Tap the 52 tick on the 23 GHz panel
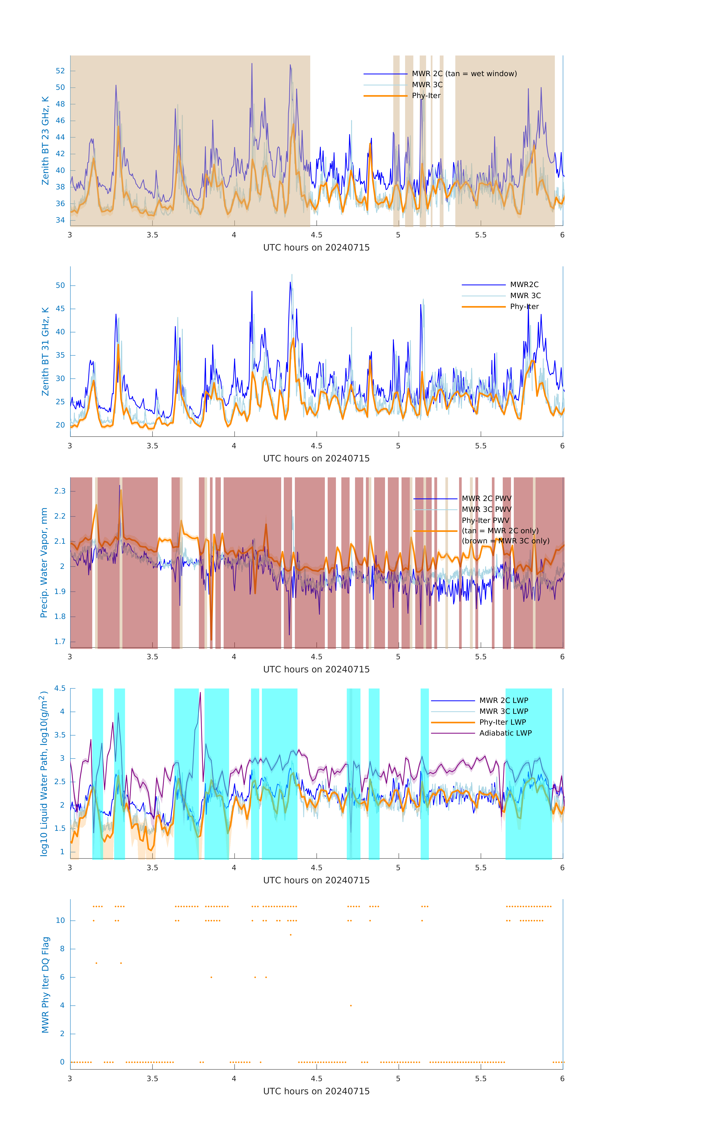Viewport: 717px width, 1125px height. [x=60, y=71]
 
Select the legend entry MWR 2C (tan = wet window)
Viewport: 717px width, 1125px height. [x=464, y=74]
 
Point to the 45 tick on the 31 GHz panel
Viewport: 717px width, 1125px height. [x=60, y=309]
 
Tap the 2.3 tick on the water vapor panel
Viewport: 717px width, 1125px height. [x=60, y=491]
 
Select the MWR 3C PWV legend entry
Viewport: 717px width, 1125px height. [x=486, y=509]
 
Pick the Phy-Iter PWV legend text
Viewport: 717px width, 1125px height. [x=485, y=520]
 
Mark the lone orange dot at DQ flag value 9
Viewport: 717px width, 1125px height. [x=291, y=935]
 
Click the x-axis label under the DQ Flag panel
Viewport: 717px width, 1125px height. [x=316, y=1091]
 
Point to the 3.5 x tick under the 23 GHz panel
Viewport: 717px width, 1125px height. [x=152, y=235]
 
